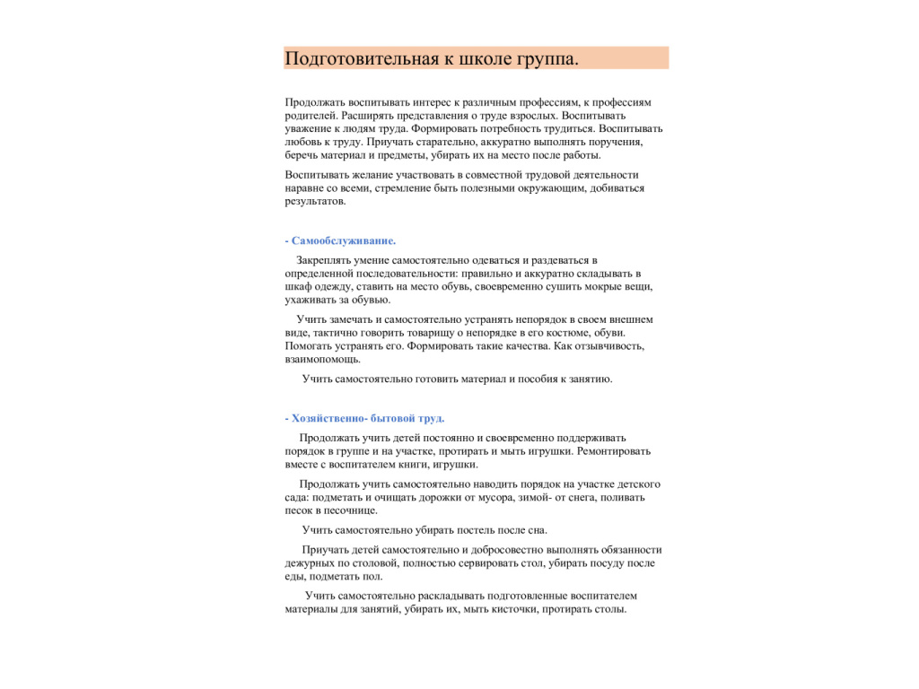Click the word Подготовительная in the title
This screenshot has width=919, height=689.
(x=360, y=59)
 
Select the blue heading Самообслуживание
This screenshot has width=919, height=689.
(x=344, y=240)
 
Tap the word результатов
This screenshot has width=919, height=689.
(x=314, y=201)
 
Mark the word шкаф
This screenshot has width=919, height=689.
(x=297, y=287)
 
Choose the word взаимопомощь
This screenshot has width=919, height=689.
(x=322, y=358)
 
